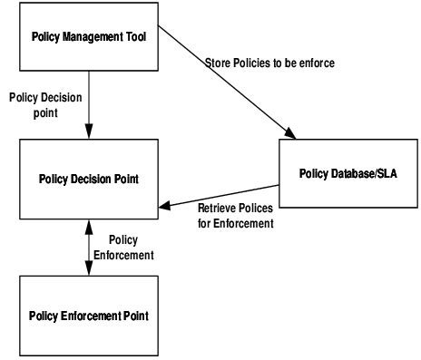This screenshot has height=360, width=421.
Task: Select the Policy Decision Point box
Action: click(90, 178)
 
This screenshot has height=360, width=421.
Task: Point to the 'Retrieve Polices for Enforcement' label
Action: click(236, 215)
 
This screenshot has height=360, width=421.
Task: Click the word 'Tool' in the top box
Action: click(137, 37)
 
